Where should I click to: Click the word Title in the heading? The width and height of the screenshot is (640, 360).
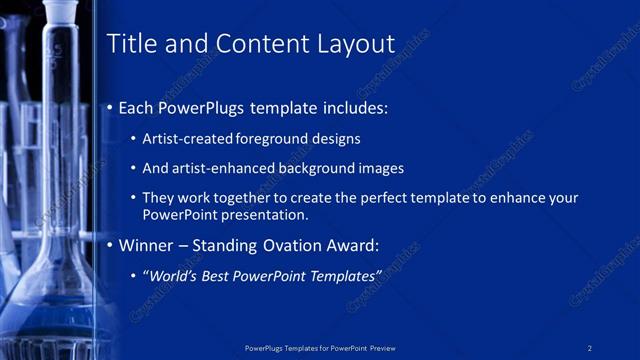131,44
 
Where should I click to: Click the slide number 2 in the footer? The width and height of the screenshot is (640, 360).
590,347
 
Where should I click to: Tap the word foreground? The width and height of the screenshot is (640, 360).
279,139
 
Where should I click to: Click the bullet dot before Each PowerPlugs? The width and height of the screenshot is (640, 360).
110,107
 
